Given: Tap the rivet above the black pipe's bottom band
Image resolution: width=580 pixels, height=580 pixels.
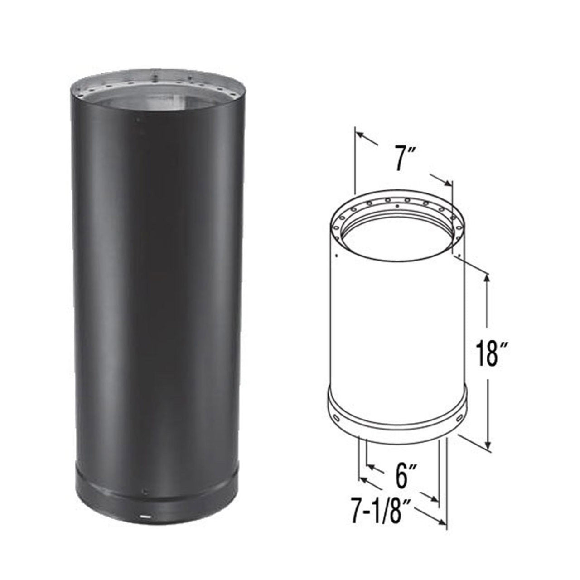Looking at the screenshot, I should (x=145, y=492).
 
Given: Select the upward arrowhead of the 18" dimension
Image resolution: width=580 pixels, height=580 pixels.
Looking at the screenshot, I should (x=488, y=277).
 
